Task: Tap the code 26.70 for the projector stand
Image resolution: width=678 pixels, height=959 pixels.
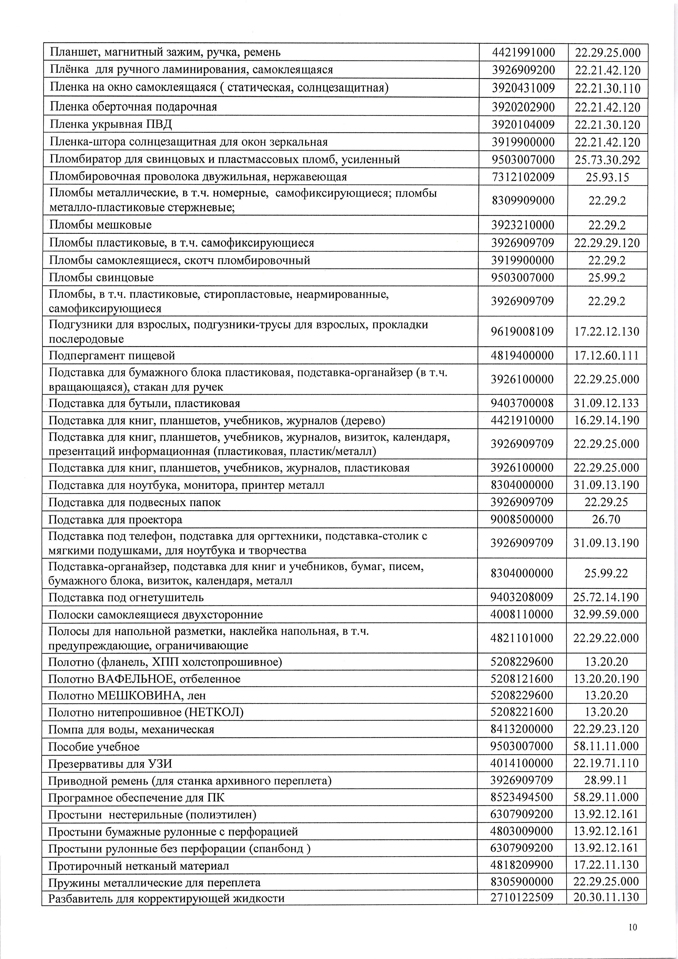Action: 606,520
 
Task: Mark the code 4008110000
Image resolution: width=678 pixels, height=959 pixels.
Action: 522,615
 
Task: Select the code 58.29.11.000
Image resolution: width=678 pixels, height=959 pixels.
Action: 606,797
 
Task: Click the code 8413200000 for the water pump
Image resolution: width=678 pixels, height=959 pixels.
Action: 522,729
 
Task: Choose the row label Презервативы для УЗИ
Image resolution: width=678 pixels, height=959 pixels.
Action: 110,764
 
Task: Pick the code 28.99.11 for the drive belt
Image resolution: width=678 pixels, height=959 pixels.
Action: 606,780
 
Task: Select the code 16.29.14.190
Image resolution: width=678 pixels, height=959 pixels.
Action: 606,420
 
